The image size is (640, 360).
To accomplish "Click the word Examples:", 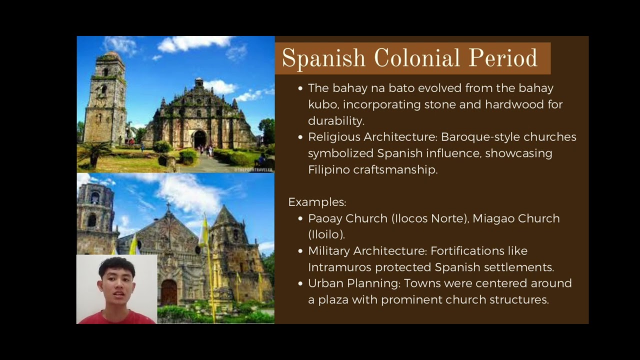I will coord(317,202).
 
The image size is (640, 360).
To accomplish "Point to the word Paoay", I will coord(324,218).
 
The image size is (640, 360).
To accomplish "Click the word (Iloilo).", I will coord(326,234).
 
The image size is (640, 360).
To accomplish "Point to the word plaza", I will coord(333,299).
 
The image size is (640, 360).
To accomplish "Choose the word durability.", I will coord(335,120).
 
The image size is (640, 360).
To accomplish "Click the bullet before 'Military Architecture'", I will coord(300,251).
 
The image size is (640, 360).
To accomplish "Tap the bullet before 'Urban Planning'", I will coord(300,283).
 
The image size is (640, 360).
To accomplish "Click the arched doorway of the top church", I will coord(199,138).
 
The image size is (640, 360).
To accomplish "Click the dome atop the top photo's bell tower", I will coord(113,54).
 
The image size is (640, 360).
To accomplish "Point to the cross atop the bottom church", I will coord(168,207).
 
